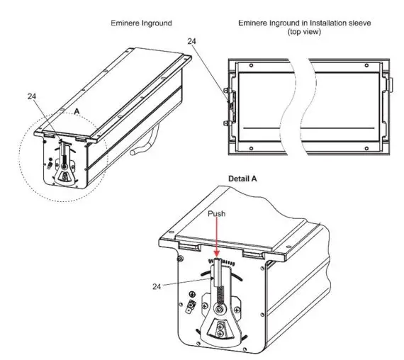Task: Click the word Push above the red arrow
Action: click(215, 212)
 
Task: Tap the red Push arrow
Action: click(215, 237)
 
